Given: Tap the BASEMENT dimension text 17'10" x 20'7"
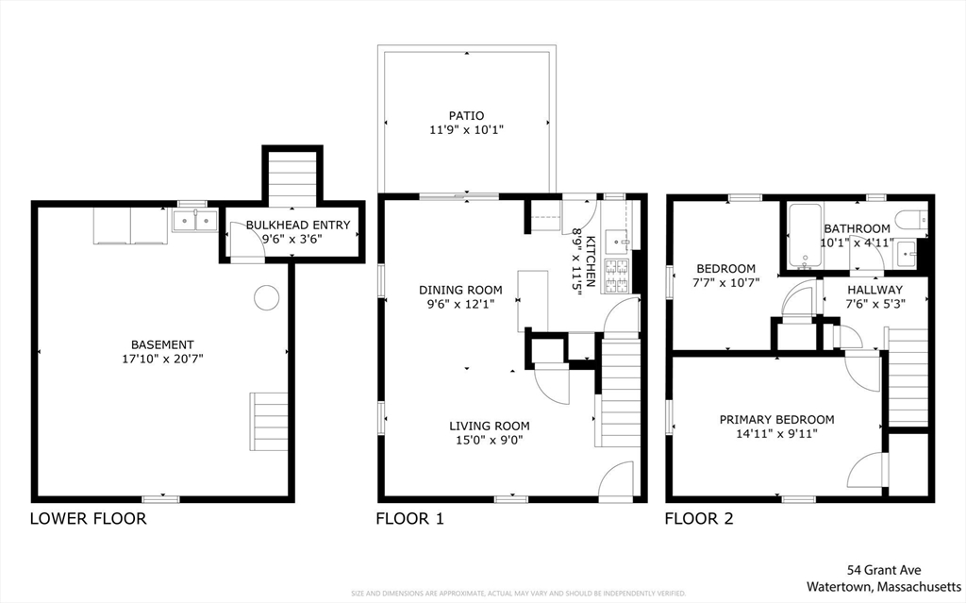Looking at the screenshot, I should pyautogui.click(x=163, y=360).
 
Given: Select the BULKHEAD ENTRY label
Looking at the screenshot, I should pyautogui.click(x=298, y=225).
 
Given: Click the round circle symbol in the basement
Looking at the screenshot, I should pyautogui.click(x=267, y=298).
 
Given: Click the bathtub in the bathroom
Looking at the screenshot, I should pyautogui.click(x=805, y=235).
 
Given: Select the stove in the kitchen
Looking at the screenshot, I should pyautogui.click(x=617, y=275).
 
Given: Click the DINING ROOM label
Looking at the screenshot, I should pyautogui.click(x=461, y=290).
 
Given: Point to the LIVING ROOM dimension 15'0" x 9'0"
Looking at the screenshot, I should pyautogui.click(x=489, y=439).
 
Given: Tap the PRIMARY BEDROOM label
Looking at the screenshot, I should pyautogui.click(x=776, y=420).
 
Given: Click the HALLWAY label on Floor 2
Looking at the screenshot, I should pyautogui.click(x=874, y=290).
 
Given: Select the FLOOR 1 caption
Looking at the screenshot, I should pyautogui.click(x=409, y=518).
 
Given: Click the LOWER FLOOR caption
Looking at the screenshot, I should pyautogui.click(x=88, y=518).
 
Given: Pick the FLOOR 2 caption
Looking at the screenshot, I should pyautogui.click(x=699, y=518).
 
